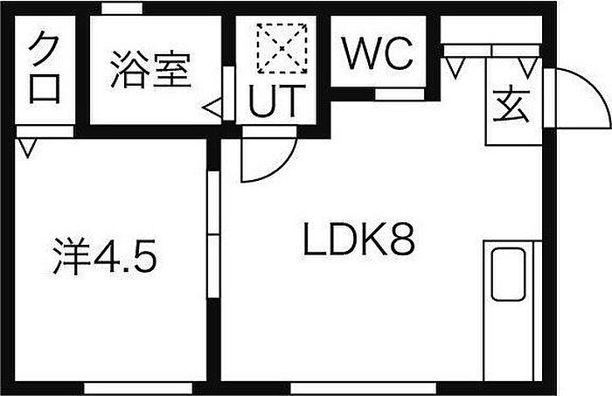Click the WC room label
point(378,53)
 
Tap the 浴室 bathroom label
point(150,69)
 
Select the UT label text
point(277,101)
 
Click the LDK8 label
point(359,240)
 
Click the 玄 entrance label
point(511,106)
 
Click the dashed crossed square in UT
point(282,48)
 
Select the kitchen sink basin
point(508,274)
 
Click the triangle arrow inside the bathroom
point(212,108)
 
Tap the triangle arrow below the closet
point(27,148)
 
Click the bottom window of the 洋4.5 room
point(138,388)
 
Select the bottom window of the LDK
point(363,388)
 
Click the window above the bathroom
point(122,8)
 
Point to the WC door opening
point(400,94)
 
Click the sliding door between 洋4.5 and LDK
point(213,234)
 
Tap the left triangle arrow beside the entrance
point(456,67)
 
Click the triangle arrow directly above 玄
point(528,67)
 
